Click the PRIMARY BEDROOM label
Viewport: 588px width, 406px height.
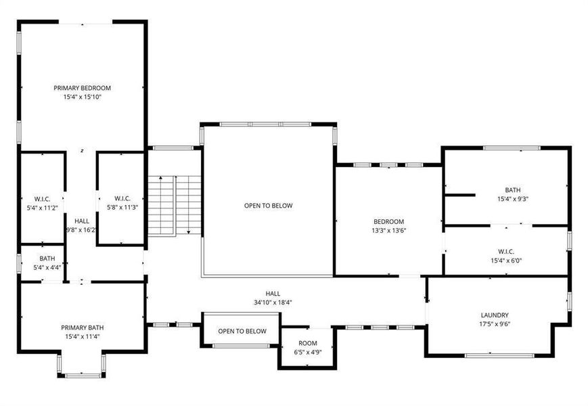[82, 88]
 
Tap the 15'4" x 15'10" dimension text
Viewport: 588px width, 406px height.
[83, 97]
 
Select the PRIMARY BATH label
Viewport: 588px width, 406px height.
[83, 328]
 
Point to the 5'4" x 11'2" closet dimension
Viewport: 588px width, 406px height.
[43, 208]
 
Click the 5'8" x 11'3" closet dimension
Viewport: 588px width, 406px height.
[122, 207]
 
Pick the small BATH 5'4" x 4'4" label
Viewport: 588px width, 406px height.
[47, 263]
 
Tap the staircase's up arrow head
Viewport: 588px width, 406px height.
[160, 178]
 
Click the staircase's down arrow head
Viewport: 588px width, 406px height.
[189, 232]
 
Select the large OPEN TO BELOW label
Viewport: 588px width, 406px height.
[268, 206]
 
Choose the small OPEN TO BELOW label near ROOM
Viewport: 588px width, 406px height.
[242, 331]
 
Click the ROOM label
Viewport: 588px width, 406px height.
[308, 343]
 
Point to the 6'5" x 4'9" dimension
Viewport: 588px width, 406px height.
[308, 352]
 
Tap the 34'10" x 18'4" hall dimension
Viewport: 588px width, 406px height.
[273, 302]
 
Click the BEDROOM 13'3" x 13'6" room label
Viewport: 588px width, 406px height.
[389, 226]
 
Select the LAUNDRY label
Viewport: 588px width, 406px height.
[495, 315]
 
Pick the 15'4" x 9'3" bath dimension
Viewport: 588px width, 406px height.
[513, 199]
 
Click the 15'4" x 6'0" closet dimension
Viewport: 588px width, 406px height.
[506, 261]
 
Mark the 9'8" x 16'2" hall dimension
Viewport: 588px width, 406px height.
[81, 230]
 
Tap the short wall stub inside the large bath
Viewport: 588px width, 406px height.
[460, 195]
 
